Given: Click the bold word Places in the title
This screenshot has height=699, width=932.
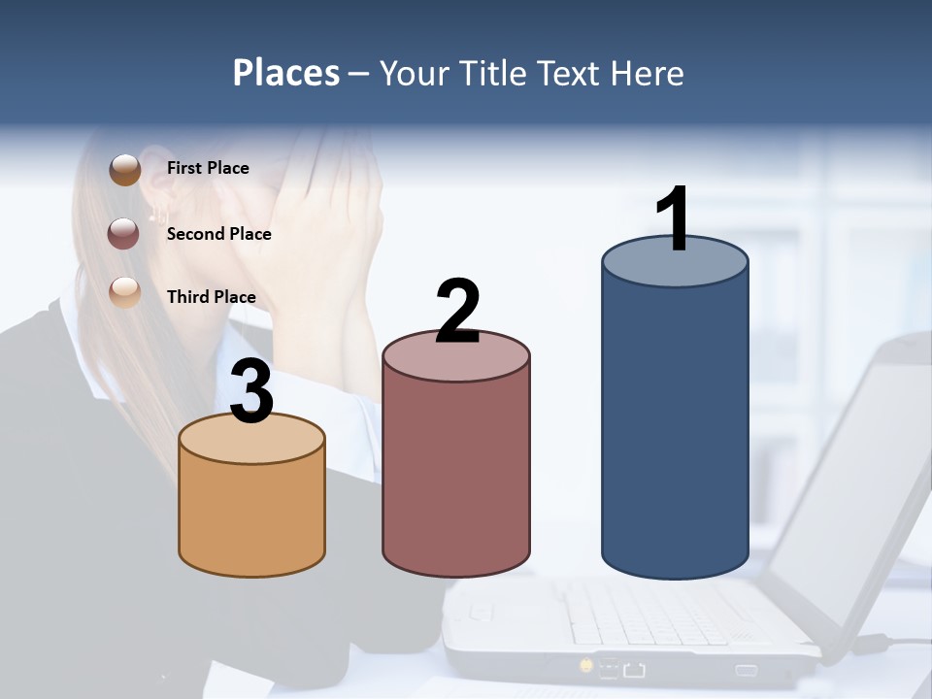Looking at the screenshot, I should tap(285, 73).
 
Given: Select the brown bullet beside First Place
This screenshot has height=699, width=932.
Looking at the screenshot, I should tap(125, 170).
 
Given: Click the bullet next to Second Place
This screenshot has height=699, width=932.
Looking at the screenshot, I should tap(124, 234).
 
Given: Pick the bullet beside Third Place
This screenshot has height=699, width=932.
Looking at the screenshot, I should tap(124, 292).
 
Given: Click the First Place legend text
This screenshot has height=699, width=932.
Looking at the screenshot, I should tap(208, 168).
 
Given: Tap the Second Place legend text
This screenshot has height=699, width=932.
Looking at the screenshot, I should tap(218, 234).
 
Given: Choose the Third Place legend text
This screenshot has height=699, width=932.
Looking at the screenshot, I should tap(211, 297).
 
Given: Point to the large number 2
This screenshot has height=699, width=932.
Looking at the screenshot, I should tap(457, 312).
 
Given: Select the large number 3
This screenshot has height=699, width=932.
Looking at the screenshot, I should tap(252, 391).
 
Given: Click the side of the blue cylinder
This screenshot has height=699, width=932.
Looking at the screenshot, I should tap(675, 427).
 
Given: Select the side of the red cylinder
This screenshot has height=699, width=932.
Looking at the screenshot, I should tap(456, 476).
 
